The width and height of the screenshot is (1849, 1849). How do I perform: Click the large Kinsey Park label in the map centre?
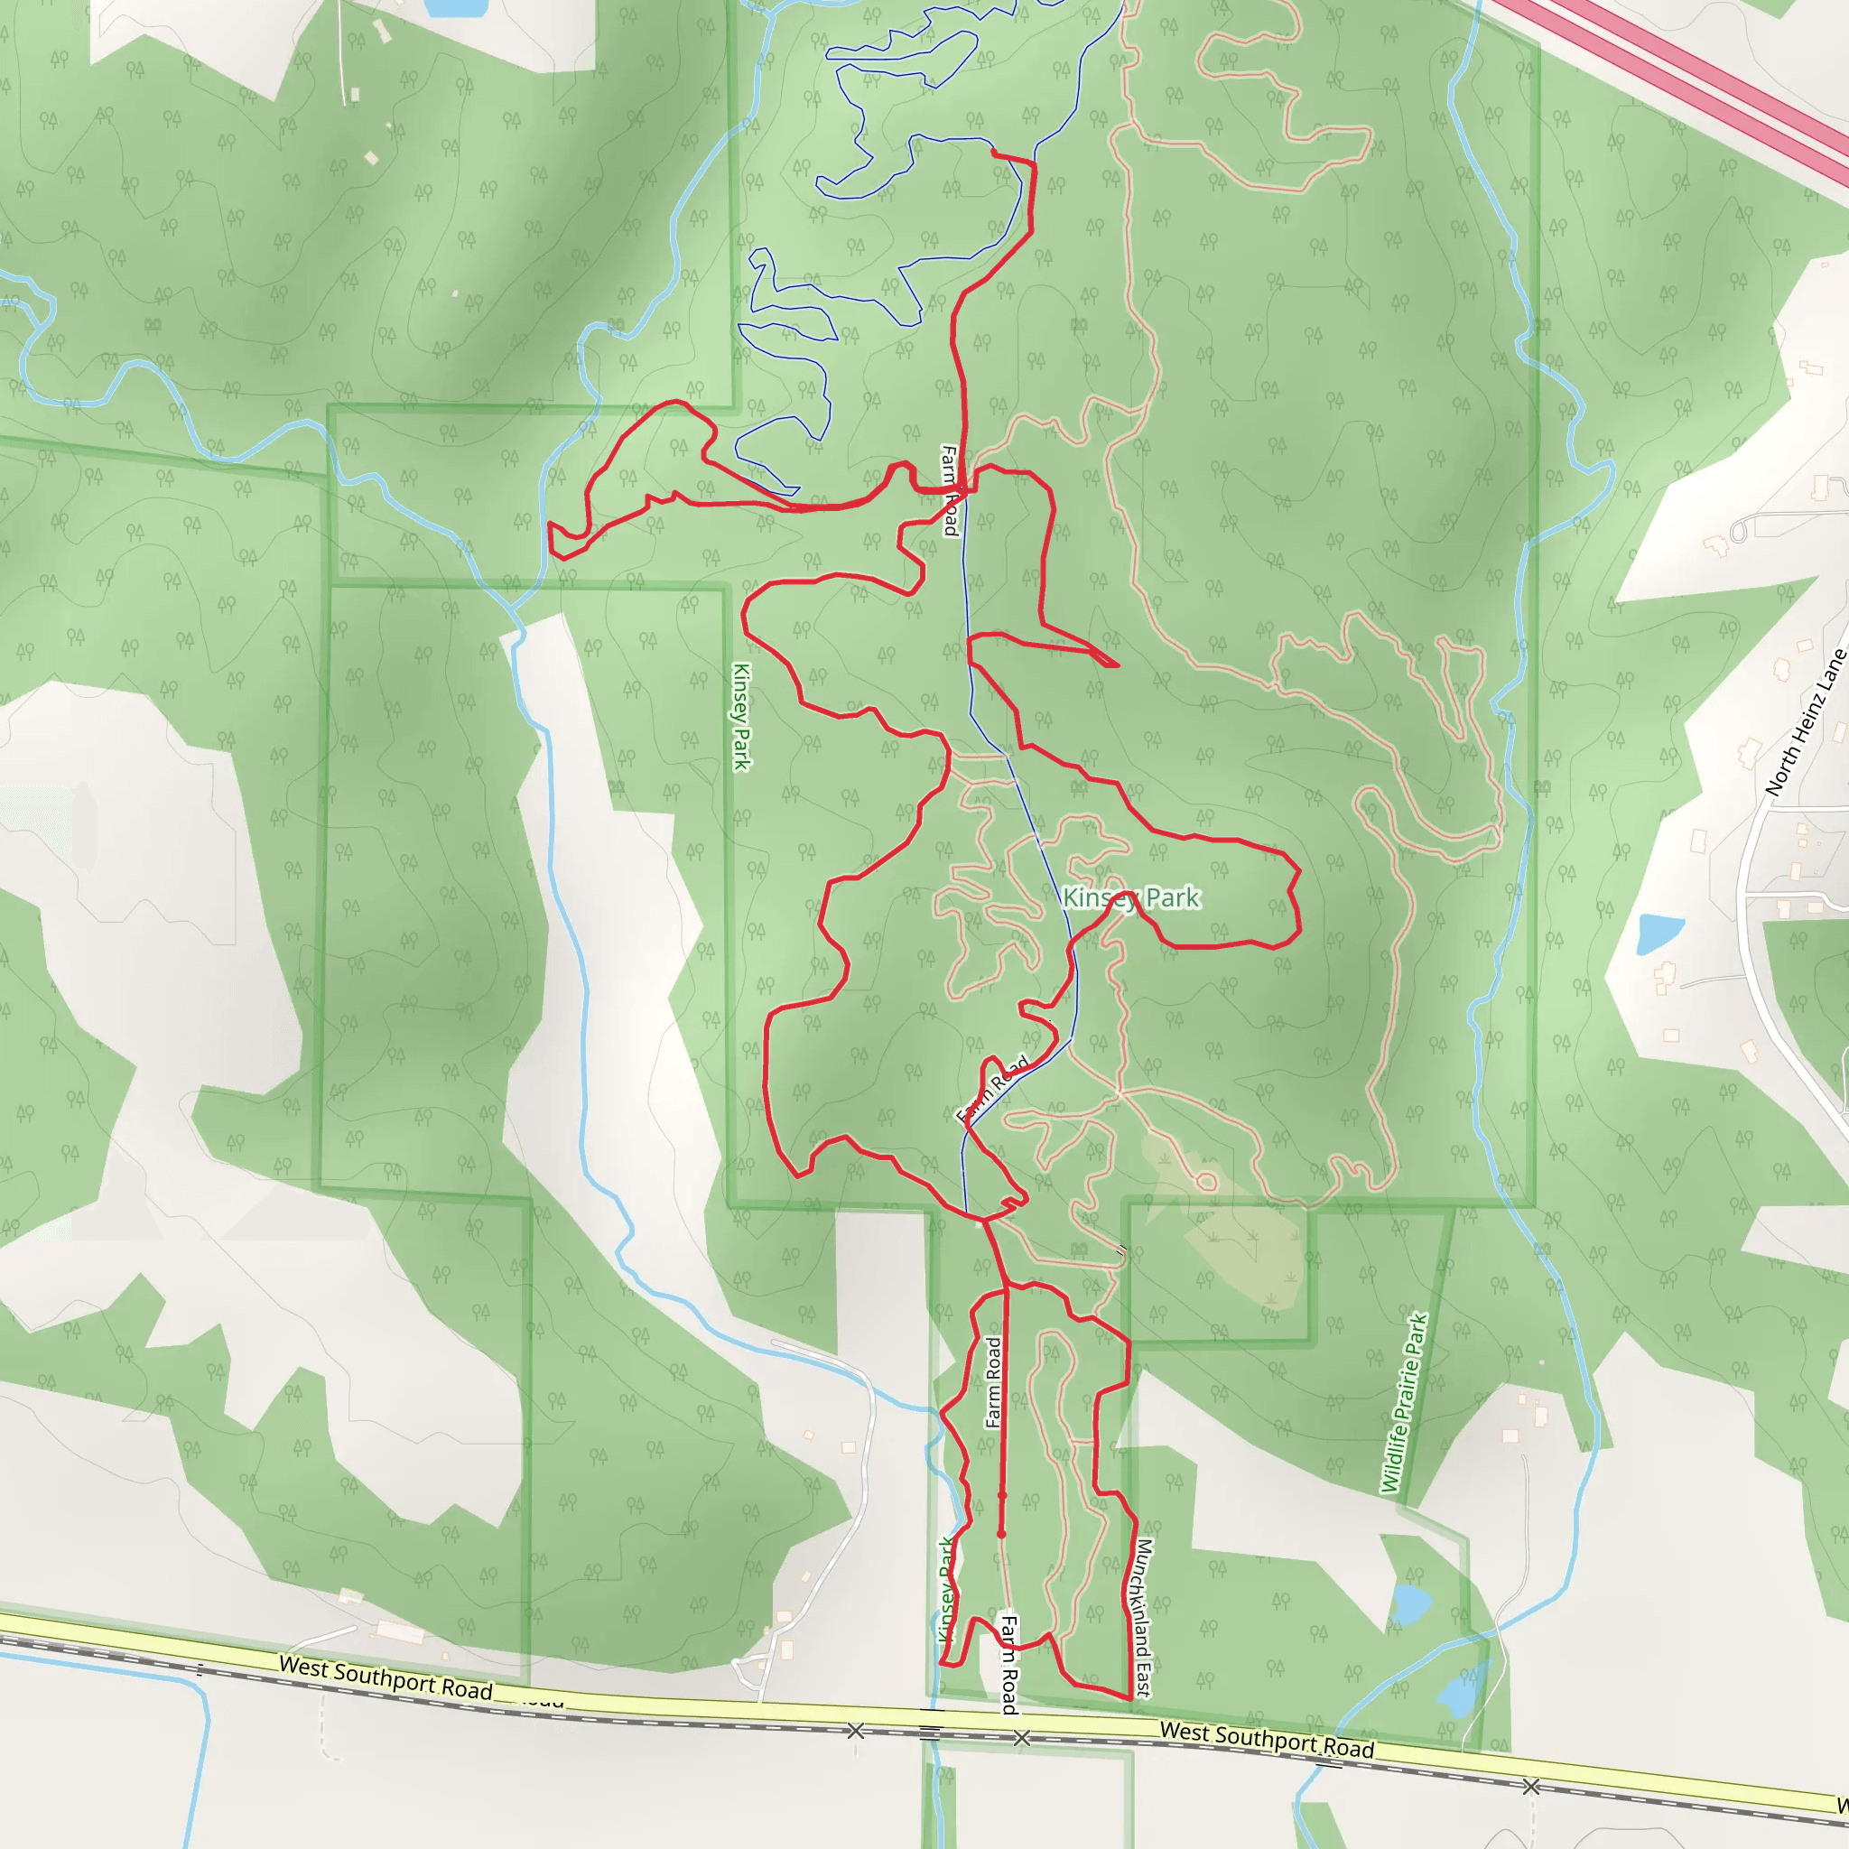tap(1131, 897)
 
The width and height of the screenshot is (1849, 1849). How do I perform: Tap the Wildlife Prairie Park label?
tap(1405, 1403)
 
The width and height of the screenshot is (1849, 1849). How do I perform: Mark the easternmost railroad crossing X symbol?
tap(1530, 1786)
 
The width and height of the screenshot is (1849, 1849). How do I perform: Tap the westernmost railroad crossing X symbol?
tap(856, 1731)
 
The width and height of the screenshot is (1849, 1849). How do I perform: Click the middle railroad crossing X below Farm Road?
tap(1022, 1737)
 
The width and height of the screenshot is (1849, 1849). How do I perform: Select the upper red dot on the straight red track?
tap(1003, 1495)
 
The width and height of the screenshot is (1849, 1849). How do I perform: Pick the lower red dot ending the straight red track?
tap(1002, 1534)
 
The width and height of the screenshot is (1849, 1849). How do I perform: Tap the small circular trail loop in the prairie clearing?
tap(1206, 1182)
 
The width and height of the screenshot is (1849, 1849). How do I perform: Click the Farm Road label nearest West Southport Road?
tap(1008, 1664)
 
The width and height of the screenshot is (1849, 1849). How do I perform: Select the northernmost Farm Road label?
tap(949, 490)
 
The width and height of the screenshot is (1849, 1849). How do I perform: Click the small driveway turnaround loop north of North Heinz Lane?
tap(1739, 529)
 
